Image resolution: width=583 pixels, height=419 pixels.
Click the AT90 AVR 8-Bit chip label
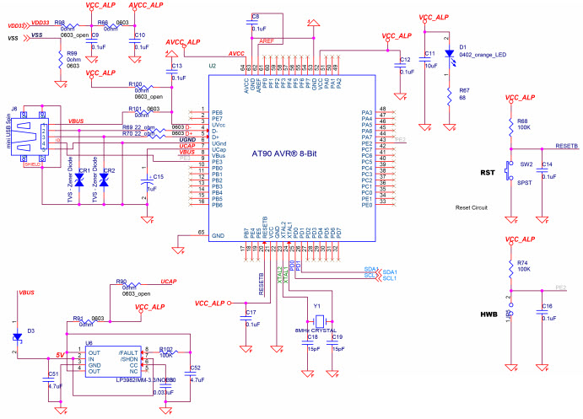(x=287, y=154)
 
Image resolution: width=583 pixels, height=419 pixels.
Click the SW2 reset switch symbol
(x=509, y=169)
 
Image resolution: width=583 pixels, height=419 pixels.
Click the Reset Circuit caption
(x=473, y=207)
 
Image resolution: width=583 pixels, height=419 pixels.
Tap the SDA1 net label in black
(x=389, y=271)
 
